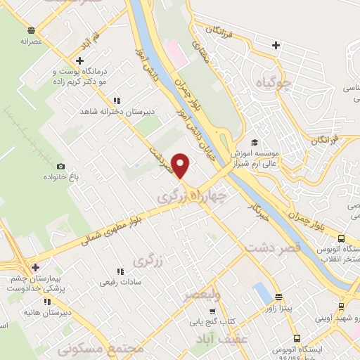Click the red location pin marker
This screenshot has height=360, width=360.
tap(181, 165)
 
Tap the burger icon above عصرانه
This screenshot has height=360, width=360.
tap(30, 30)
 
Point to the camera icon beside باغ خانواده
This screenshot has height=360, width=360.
tap(61, 166)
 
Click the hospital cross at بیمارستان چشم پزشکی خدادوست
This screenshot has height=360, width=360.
tap(35, 266)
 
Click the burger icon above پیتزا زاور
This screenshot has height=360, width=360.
tap(279, 296)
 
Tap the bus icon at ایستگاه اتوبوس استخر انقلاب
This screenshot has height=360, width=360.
tap(340, 238)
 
